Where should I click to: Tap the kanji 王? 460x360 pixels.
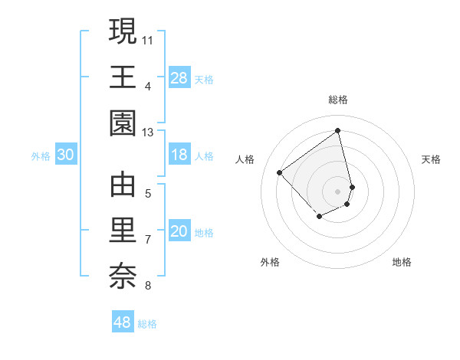click(x=123, y=77)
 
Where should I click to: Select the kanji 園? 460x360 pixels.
click(x=123, y=123)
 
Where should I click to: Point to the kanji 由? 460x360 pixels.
click(x=123, y=185)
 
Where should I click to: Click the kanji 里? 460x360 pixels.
click(x=123, y=231)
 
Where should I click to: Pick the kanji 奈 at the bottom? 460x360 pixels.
click(x=123, y=277)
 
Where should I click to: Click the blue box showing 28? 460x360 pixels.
click(x=179, y=78)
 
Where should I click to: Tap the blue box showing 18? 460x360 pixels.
click(x=179, y=155)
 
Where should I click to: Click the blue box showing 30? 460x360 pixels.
click(x=66, y=155)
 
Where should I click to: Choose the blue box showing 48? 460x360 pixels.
click(x=123, y=322)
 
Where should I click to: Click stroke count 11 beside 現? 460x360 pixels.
click(x=148, y=38)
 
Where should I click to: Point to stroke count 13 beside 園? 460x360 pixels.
click(x=148, y=133)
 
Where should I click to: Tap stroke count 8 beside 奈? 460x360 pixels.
click(x=148, y=286)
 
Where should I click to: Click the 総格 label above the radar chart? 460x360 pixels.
click(x=338, y=100)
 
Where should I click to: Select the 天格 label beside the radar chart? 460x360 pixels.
click(x=431, y=159)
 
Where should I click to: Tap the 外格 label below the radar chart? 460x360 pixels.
click(x=270, y=262)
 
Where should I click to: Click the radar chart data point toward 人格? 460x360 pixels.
click(x=280, y=173)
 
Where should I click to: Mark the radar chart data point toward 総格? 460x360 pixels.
click(x=338, y=129)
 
